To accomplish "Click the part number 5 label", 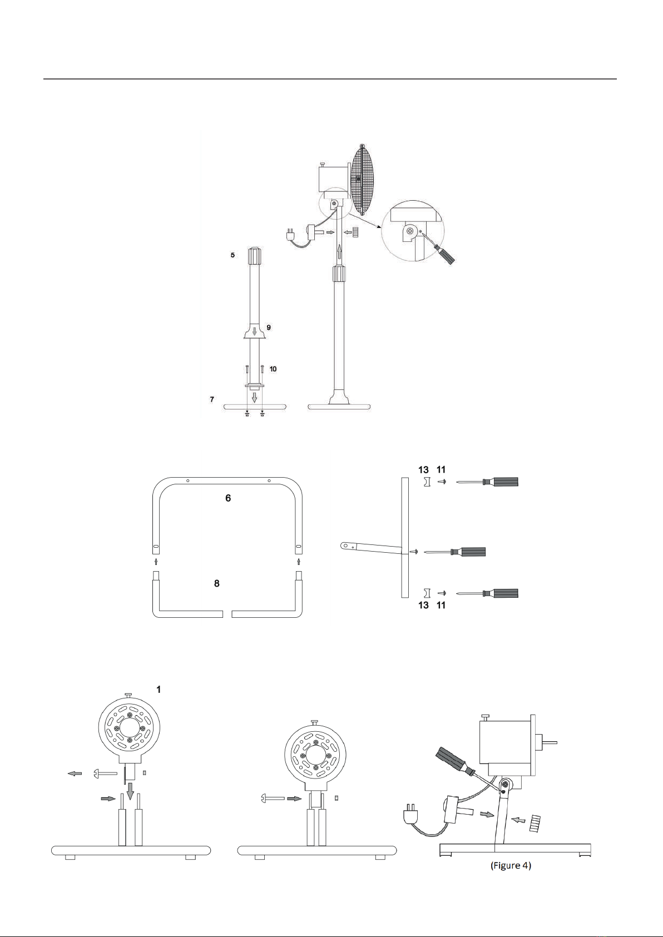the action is pos(232,255).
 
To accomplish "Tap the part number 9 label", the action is pos(269,328).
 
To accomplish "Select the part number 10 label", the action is pos(273,369).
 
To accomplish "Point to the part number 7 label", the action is pos(212,399).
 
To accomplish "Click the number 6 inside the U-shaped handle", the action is pos(228,498).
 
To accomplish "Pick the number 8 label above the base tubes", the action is pos(217,583).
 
